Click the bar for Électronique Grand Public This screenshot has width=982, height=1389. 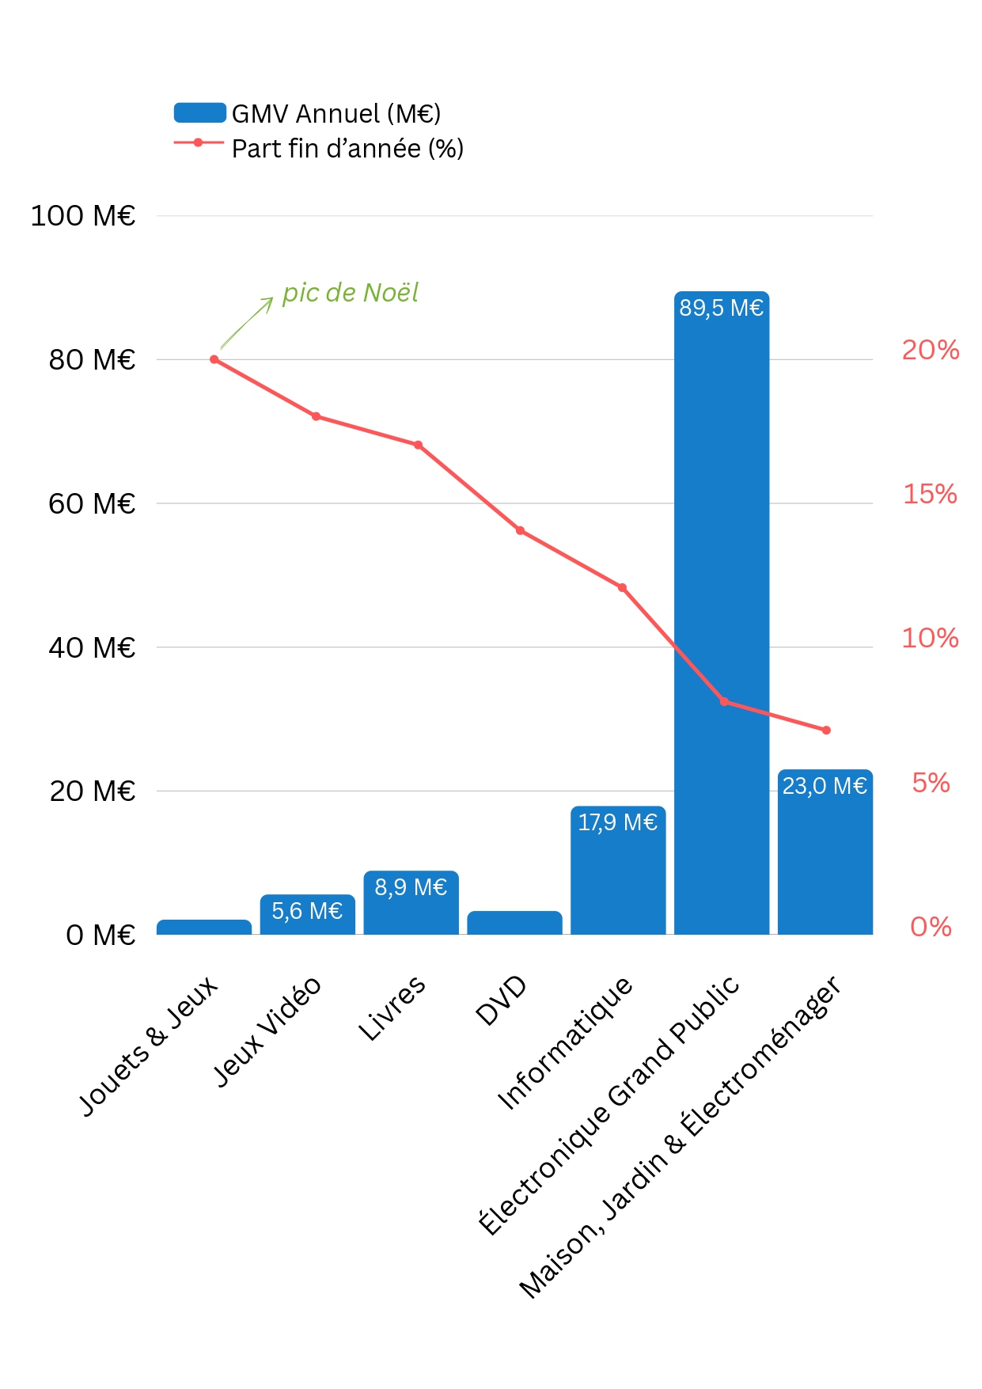click(x=721, y=617)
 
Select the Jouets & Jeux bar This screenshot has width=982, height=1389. click(x=204, y=927)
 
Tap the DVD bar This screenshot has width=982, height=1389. click(x=514, y=923)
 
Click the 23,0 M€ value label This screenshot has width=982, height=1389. click(x=825, y=786)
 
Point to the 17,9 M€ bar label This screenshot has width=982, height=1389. click(x=617, y=823)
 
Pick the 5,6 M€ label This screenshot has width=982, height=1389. click(x=307, y=911)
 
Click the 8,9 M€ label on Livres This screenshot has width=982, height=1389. click(x=411, y=887)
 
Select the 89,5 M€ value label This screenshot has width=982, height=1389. click(x=721, y=308)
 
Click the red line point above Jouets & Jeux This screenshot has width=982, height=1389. click(x=214, y=359)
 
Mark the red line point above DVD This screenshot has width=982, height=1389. click(x=520, y=530)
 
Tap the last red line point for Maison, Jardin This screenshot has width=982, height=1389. click(x=826, y=730)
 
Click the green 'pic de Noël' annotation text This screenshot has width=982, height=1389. click(x=351, y=293)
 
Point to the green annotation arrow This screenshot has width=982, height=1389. click(x=246, y=323)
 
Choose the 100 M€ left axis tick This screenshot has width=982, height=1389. click(x=82, y=216)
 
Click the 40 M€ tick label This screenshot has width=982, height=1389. click(x=92, y=647)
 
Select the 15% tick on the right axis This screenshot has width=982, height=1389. click(x=930, y=495)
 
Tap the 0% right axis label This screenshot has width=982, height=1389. click(x=931, y=927)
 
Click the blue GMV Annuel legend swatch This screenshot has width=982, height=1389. click(x=199, y=112)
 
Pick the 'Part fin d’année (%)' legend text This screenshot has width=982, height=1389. click(x=347, y=149)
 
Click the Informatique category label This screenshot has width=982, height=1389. click(x=565, y=1043)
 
